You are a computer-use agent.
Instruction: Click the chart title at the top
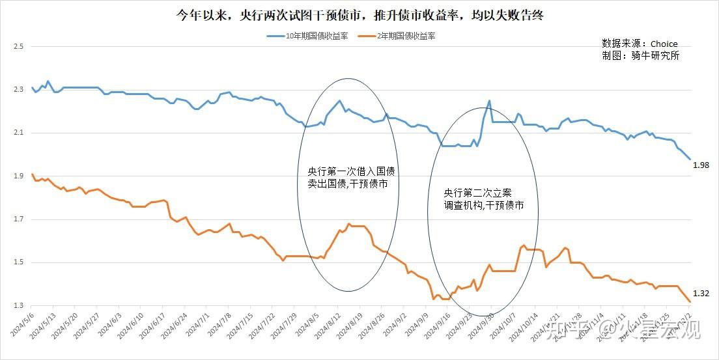pos(359,14)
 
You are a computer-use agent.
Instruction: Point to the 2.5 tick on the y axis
pos(18,47)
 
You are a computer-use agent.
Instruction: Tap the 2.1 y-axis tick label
pos(18,133)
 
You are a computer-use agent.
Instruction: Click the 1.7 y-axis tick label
pos(18,219)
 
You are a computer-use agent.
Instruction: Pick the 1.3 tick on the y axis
pos(18,306)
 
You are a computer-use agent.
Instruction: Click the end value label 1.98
pos(701,165)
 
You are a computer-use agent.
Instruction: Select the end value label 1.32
pos(701,294)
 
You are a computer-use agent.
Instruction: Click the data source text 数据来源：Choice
pos(640,44)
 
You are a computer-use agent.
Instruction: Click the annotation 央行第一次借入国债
pos(351,172)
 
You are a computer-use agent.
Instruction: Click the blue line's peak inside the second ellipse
pos(489,101)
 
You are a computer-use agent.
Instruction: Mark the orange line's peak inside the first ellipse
pos(349,224)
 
